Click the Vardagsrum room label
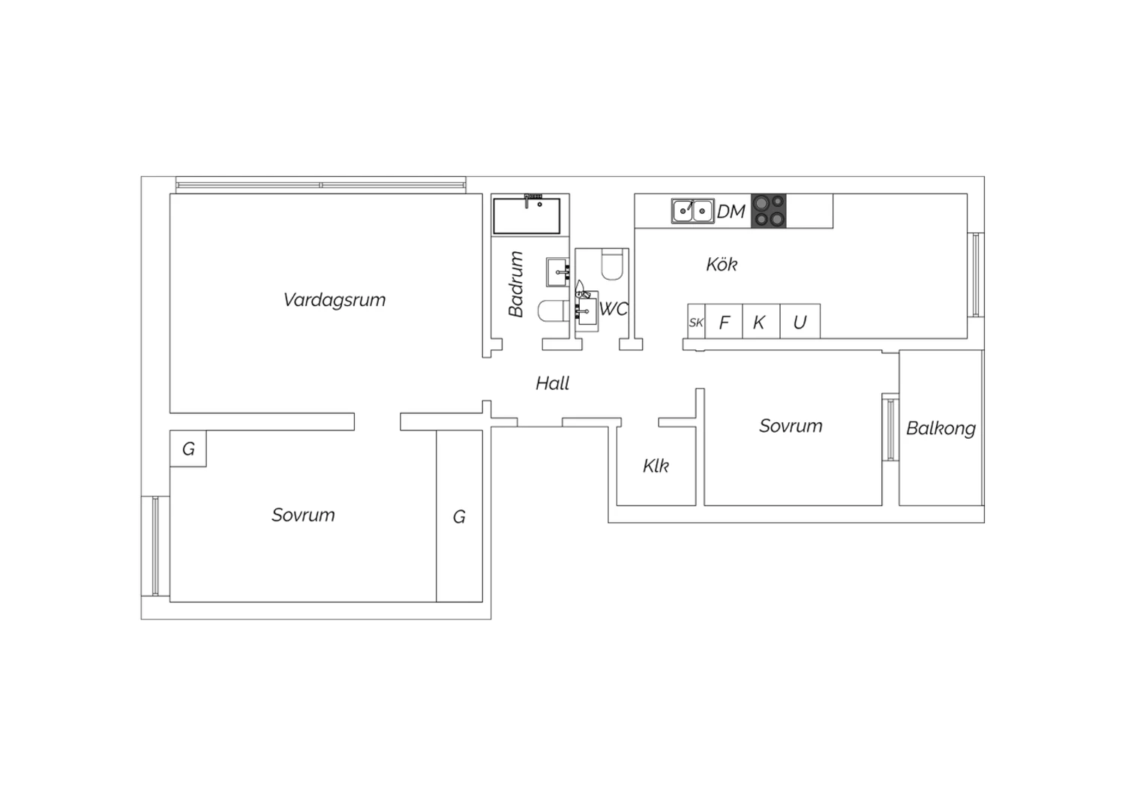[x=334, y=300]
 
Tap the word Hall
[x=552, y=384]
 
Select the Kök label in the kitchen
[x=721, y=264]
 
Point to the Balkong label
[x=940, y=428]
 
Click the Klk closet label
[x=656, y=466]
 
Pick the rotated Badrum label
[x=516, y=283]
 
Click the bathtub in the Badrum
[x=526, y=216]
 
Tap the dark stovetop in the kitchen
[x=769, y=211]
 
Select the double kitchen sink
[x=692, y=211]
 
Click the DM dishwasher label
[x=730, y=212]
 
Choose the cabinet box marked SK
[x=696, y=322]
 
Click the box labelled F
[x=724, y=322]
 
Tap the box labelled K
[x=761, y=322]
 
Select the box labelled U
[x=800, y=322]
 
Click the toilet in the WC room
[x=612, y=264]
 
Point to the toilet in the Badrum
[x=553, y=311]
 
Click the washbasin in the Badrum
[x=557, y=272]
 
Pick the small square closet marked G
[x=187, y=448]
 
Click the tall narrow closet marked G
[x=459, y=516]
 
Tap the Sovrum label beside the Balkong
[x=790, y=426]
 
